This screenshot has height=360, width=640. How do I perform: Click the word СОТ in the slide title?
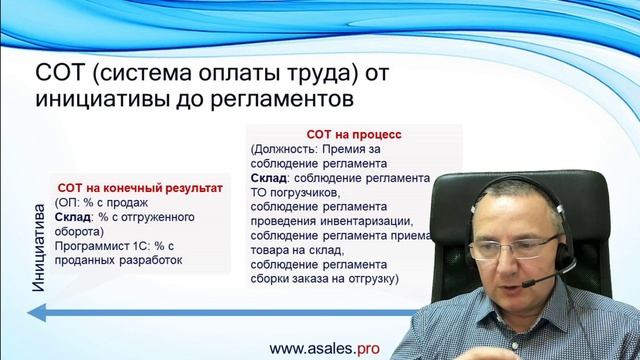(62, 73)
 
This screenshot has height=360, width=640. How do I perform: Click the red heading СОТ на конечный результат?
(140, 186)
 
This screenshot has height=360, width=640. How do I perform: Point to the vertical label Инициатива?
(39, 251)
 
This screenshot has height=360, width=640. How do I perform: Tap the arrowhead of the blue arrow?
(36, 314)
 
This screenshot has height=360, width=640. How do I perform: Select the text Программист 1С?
(102, 247)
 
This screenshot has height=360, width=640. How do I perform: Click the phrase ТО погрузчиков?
(297, 192)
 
